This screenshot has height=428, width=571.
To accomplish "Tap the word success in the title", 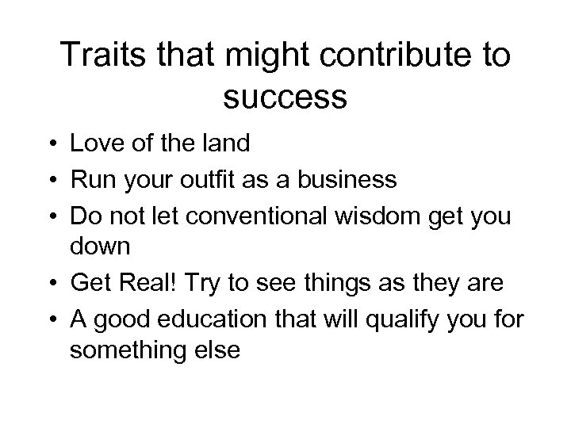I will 285,97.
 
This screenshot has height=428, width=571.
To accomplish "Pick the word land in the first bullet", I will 226,144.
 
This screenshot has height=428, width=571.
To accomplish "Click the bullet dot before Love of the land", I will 50,145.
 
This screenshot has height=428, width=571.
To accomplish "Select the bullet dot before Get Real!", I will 50,282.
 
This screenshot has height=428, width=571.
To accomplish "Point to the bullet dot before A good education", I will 50,316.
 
